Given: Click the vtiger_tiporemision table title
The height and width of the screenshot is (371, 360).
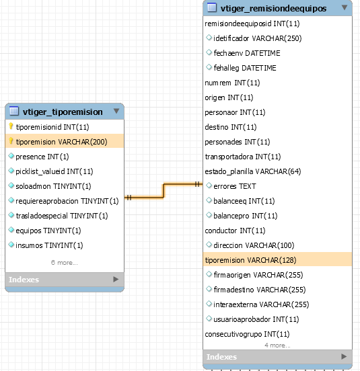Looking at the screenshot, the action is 63,112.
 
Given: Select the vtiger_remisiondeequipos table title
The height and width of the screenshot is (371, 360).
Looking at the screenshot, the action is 273,9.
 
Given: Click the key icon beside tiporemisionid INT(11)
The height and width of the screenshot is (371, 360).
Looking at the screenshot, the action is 11,126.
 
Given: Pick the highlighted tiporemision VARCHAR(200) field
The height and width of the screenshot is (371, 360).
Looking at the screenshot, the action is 62,142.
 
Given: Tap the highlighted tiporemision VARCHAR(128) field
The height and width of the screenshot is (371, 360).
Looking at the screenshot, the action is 250,260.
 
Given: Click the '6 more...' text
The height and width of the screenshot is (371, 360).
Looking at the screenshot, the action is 64,263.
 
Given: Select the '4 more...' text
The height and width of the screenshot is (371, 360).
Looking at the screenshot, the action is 277,345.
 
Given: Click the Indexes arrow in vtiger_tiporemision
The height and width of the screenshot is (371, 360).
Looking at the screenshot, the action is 116,280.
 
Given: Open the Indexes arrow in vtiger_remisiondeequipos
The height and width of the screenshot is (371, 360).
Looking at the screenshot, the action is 344,356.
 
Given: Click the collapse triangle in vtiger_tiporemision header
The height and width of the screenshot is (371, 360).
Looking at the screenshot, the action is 116,111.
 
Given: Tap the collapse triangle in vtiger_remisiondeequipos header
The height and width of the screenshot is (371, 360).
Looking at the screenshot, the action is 345,7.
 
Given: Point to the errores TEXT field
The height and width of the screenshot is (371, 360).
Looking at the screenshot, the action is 235,186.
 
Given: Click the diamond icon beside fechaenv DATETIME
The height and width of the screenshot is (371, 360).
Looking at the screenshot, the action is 209,52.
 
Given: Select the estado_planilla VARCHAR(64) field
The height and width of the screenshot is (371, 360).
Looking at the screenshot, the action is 253,171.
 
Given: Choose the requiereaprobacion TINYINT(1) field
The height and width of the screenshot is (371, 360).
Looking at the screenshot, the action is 67,201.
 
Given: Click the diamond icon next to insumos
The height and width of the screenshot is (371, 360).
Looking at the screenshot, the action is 11,245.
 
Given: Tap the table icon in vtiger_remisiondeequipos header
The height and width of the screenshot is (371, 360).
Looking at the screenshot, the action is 212,7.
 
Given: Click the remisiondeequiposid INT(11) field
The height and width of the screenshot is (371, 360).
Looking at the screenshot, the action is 252,24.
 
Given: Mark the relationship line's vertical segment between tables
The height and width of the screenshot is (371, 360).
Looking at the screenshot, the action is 164,190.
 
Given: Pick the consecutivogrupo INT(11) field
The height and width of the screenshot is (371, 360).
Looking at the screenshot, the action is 247,334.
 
